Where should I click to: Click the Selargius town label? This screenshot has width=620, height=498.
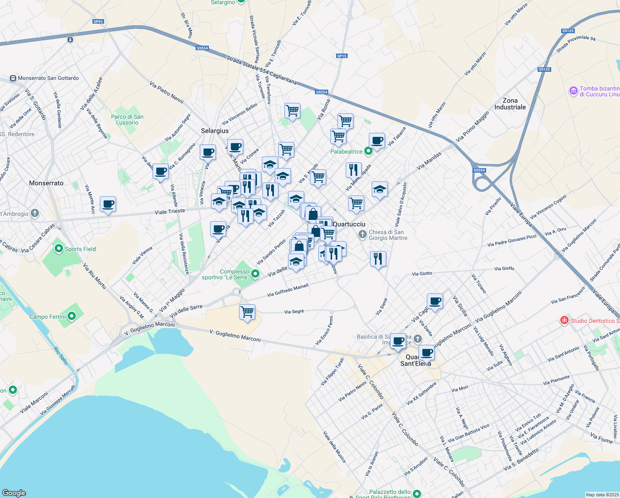tap(215, 131)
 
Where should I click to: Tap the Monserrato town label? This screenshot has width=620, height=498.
tap(46, 183)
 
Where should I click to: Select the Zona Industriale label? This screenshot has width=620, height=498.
tap(510, 104)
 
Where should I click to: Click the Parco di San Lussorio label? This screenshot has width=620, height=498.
tap(127, 120)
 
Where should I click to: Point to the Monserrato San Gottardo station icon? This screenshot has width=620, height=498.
tap(13, 78)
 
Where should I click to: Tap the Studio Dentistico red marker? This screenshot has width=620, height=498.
tap(564, 320)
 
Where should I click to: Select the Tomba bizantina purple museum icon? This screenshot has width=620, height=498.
tap(574, 91)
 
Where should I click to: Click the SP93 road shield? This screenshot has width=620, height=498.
tap(98, 22)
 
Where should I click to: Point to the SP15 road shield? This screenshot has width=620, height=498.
tap(342, 56)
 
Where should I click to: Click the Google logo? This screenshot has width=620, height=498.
tap(14, 493)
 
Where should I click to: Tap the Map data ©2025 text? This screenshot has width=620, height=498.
tap(601, 495)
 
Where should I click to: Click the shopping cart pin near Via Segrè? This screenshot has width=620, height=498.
tap(247, 311)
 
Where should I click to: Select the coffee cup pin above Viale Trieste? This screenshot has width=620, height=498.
tap(108, 204)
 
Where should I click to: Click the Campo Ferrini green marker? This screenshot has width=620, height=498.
tap(72, 317)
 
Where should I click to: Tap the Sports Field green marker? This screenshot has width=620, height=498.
tap(59, 249)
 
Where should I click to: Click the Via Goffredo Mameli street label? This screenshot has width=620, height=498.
tap(288, 290)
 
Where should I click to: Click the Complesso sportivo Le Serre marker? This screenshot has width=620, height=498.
tap(255, 273)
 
